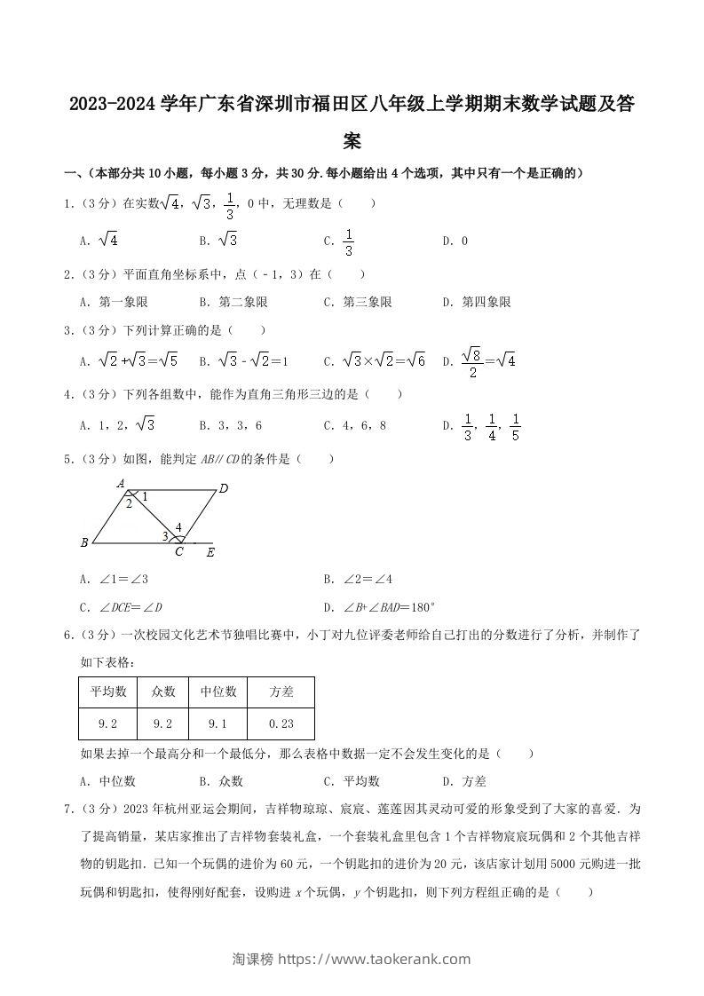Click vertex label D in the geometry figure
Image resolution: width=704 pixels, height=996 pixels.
[x=224, y=488]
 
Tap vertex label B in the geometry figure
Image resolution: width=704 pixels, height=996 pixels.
[x=83, y=542]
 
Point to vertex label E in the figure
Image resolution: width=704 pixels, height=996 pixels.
[x=210, y=552]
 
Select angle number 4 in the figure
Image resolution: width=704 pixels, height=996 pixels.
[x=178, y=527]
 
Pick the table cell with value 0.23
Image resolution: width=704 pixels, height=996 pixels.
[x=281, y=723]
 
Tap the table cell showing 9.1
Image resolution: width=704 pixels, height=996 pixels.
[x=218, y=723]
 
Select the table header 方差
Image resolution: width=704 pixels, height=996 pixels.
[x=281, y=692]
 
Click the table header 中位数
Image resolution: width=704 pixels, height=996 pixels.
[x=218, y=692]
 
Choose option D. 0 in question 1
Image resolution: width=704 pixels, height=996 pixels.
[x=455, y=241]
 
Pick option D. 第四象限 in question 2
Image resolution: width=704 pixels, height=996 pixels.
[x=477, y=302]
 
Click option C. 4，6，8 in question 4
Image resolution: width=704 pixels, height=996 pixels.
[x=355, y=425]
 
